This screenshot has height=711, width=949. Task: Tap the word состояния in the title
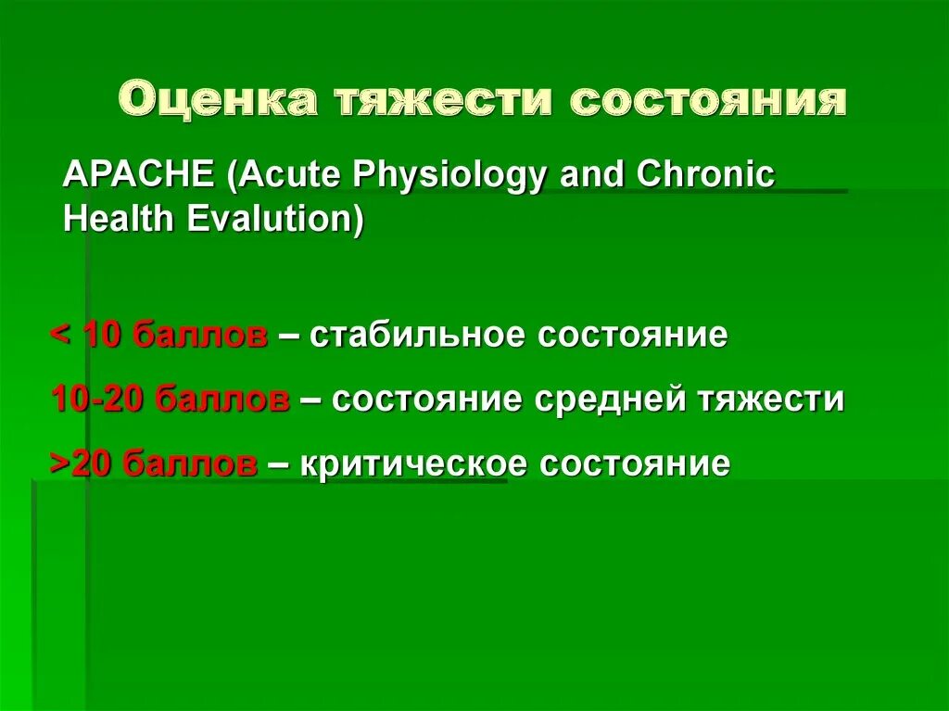click(x=708, y=100)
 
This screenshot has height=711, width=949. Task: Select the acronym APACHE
click(x=139, y=174)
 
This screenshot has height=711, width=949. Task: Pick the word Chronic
click(x=705, y=174)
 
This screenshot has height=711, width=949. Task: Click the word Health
click(x=119, y=219)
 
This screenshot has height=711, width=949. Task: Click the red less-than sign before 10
click(x=60, y=335)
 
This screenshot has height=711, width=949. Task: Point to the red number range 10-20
click(x=98, y=400)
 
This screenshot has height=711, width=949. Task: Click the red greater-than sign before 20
click(x=60, y=463)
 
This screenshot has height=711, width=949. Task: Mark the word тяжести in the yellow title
click(x=444, y=100)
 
